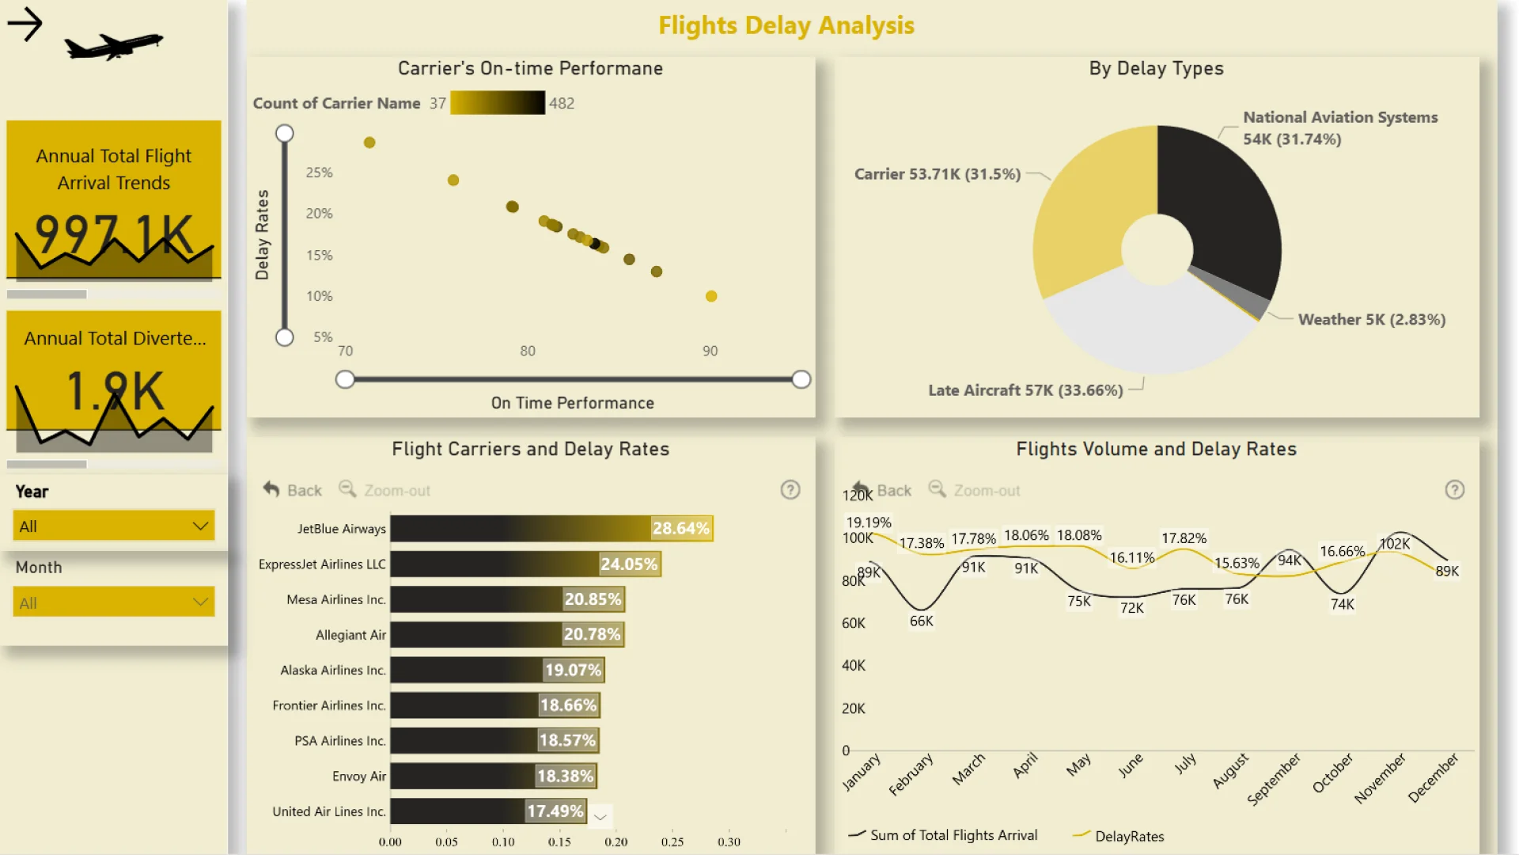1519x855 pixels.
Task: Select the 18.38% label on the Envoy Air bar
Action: point(565,776)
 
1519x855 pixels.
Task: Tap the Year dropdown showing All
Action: point(114,526)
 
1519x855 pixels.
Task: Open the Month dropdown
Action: point(114,602)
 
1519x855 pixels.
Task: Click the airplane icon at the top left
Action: point(114,45)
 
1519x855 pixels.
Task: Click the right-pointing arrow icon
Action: point(25,25)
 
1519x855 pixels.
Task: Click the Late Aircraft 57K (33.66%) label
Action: point(1025,390)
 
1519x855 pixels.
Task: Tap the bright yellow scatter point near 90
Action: point(711,296)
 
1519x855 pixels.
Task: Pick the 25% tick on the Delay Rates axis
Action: point(319,173)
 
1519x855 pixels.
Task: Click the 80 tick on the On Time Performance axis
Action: point(528,351)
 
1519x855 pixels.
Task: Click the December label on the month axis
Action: point(1434,777)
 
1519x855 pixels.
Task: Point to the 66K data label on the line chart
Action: point(921,621)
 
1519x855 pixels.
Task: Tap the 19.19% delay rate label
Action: point(869,522)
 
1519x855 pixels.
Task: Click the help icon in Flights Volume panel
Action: point(1454,490)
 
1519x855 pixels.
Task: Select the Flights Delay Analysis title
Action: point(786,25)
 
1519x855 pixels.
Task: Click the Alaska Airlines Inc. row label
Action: point(333,670)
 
